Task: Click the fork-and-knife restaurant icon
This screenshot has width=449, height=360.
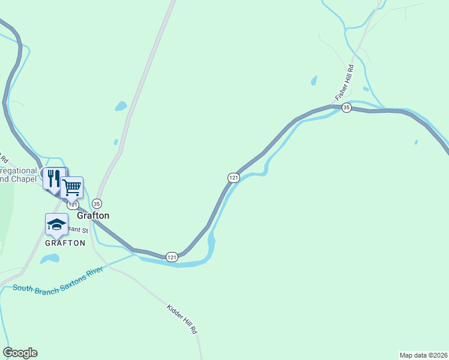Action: [55, 178]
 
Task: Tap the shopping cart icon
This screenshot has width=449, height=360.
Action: [72, 187]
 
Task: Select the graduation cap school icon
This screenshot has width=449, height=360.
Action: [56, 224]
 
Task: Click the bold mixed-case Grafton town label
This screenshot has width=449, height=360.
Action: [93, 215]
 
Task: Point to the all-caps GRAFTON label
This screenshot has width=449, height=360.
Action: [65, 243]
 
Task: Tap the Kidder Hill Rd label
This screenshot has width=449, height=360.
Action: [182, 319]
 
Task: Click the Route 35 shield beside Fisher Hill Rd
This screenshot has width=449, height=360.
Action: [346, 107]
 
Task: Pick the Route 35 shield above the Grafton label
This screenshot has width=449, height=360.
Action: [97, 203]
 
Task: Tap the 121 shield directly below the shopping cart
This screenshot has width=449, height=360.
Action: [72, 205]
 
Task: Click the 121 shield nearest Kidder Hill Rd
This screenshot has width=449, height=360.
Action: [172, 257]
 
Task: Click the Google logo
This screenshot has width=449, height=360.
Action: [20, 353]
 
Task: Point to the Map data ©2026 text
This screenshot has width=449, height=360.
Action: [423, 355]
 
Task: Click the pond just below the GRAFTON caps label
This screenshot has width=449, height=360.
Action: [50, 259]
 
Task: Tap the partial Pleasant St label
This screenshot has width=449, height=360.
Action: [82, 230]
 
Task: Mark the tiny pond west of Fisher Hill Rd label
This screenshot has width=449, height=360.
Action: [313, 80]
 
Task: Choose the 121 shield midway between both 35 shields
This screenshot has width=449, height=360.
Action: [234, 178]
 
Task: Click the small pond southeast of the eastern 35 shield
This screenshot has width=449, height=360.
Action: [416, 142]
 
